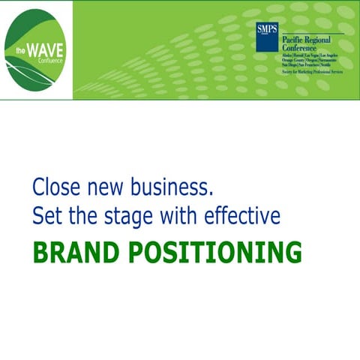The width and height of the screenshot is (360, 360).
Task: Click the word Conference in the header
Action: (300, 48)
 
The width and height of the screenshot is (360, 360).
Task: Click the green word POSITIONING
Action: (218, 253)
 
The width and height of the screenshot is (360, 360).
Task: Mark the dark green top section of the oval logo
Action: (37, 22)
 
